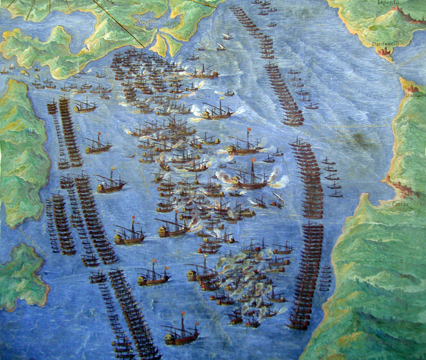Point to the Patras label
[400, 187]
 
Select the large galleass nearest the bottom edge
[180, 335]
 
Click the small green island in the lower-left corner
[22, 275]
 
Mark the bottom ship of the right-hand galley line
[298, 323]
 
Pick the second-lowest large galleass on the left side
[152, 275]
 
